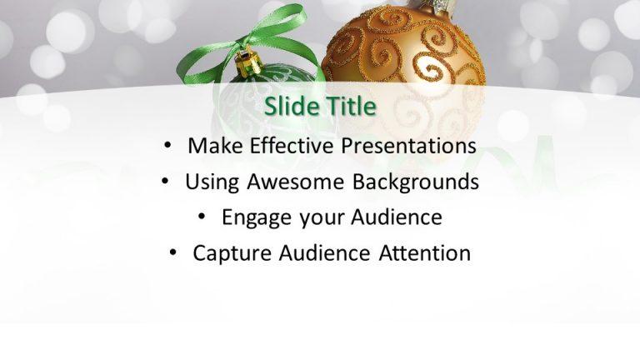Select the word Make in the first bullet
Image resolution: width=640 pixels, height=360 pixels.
209,145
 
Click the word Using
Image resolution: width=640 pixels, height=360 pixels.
211,181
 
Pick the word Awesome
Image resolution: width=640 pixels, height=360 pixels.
295,181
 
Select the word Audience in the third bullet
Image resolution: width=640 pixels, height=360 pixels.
392,217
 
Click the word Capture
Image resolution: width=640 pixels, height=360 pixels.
227,253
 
